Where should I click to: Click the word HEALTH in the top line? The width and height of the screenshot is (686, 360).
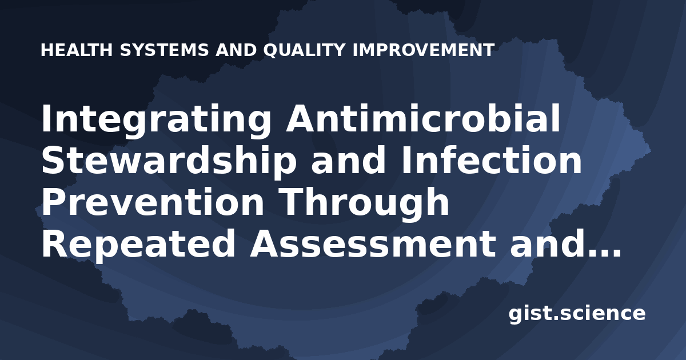(77, 50)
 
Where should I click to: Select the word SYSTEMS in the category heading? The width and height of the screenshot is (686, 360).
(165, 50)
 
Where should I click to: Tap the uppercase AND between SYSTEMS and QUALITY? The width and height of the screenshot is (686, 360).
(236, 50)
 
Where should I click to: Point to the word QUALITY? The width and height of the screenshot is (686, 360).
(304, 50)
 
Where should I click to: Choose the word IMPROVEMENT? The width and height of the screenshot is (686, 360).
(423, 50)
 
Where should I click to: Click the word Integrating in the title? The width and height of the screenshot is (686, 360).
(156, 121)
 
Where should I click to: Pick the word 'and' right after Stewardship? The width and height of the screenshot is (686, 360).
(348, 160)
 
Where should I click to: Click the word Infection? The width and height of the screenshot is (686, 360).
(491, 160)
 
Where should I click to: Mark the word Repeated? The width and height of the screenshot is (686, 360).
(138, 243)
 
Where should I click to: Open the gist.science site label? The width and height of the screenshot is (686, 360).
(577, 314)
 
